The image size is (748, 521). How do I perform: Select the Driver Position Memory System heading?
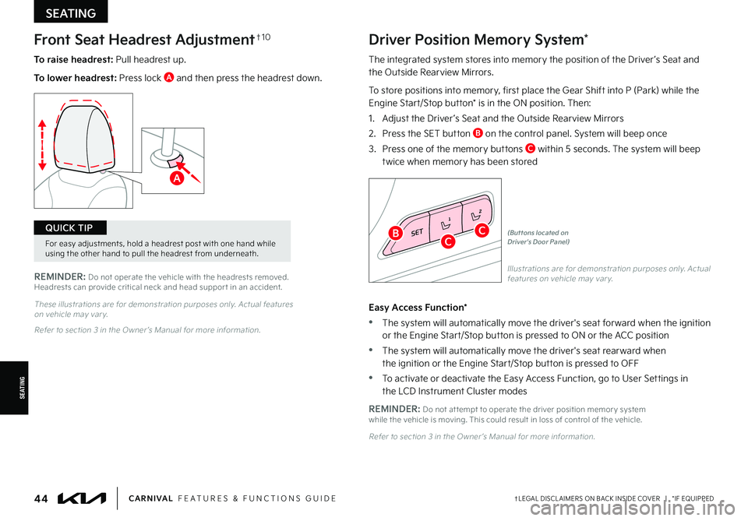pos(474,39)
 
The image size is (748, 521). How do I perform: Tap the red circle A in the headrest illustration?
pos(178,178)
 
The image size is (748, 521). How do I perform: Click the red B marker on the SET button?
pos(396,233)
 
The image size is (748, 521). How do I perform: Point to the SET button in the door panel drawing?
pos(417,232)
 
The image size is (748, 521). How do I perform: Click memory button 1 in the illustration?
pos(446,224)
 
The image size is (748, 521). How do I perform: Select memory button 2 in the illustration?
pos(476,213)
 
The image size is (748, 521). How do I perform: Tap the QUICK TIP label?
pos(70,227)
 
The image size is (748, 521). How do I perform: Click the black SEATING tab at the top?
pos(71,12)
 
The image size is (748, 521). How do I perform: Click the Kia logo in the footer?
pos(82,498)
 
